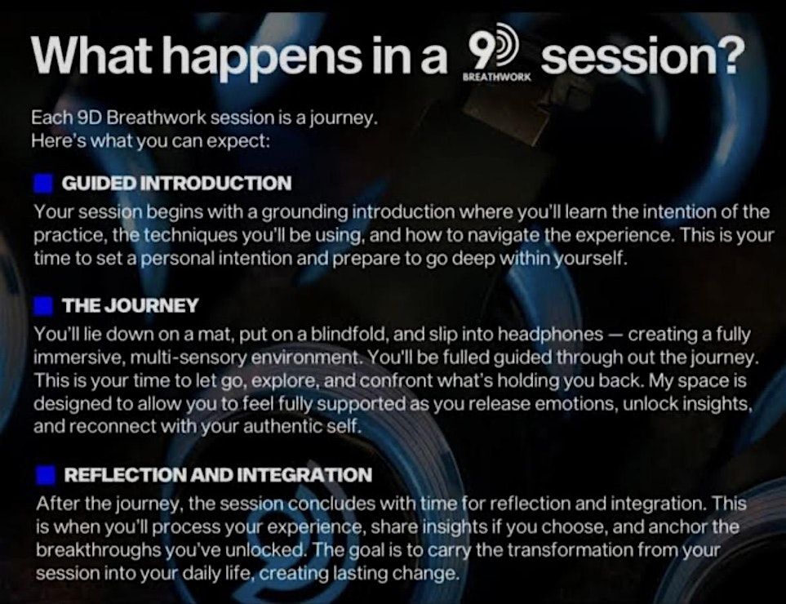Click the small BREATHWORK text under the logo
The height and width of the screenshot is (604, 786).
pyautogui.click(x=496, y=78)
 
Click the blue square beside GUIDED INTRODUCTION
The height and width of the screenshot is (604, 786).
pyautogui.click(x=43, y=184)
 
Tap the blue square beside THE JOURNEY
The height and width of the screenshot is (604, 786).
pyautogui.click(x=43, y=306)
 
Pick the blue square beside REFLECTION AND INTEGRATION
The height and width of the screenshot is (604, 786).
pyautogui.click(x=46, y=475)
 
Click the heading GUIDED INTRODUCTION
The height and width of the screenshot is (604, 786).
pyautogui.click(x=176, y=184)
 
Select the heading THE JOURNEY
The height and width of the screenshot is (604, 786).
pyautogui.click(x=131, y=306)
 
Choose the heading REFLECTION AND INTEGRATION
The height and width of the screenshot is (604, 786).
pyautogui.click(x=218, y=475)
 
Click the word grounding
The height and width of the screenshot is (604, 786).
pyautogui.click(x=305, y=213)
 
